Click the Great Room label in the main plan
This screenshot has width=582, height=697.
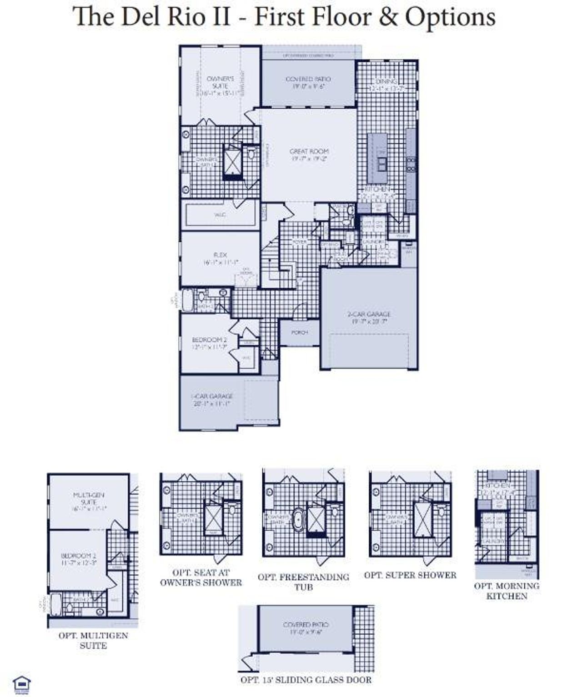309,155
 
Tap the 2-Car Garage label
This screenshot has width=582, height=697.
369,317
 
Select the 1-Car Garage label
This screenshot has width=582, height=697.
212,400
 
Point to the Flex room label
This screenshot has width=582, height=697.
220,259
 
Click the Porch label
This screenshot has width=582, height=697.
299,332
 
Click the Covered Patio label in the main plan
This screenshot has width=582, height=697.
308,82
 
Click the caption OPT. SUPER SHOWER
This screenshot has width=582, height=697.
410,575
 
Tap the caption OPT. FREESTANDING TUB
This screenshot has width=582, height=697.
303,582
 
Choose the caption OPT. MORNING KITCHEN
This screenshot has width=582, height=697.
507,591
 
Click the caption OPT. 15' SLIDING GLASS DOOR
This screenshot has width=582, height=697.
306,680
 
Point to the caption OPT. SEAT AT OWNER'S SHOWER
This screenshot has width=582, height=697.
201,577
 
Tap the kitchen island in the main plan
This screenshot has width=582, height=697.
377,158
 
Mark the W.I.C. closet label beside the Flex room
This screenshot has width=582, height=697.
220,214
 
